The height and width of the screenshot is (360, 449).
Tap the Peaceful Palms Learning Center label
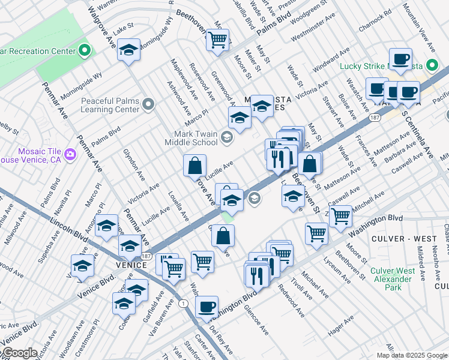pyautogui.click(x=110, y=106)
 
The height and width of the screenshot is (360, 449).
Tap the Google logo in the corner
pyautogui.click(x=19, y=353)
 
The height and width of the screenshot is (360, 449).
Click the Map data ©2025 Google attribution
pyautogui.click(x=412, y=355)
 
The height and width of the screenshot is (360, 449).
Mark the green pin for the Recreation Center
pyautogui.click(x=85, y=50)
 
